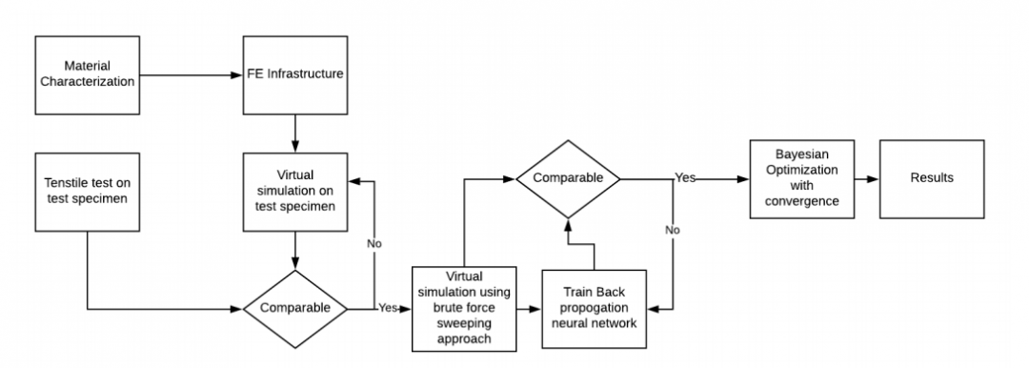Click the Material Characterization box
(x=86, y=73)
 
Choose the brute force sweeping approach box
(x=464, y=309)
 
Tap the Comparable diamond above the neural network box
(x=568, y=178)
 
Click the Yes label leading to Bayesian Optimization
(x=685, y=178)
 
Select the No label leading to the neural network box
(x=673, y=230)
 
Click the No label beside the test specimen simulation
(x=375, y=243)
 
